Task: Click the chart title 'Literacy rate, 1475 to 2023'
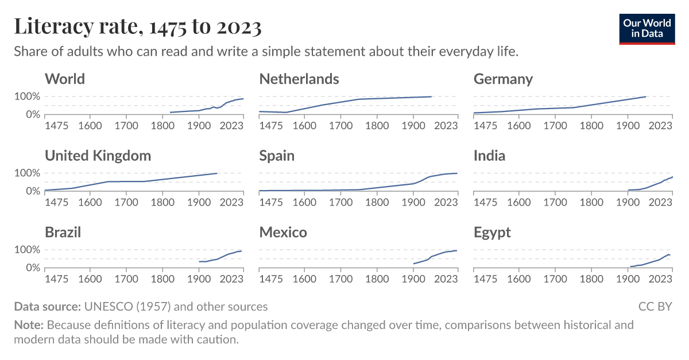pyautogui.click(x=138, y=26)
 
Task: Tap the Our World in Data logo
pyautogui.click(x=647, y=29)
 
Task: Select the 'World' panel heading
pyautogui.click(x=65, y=79)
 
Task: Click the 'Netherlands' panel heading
pyautogui.click(x=299, y=79)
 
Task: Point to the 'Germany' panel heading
pyautogui.click(x=503, y=79)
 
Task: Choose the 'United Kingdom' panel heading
pyautogui.click(x=98, y=155)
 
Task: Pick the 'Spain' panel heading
pyautogui.click(x=277, y=155)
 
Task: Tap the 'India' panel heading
pyautogui.click(x=489, y=155)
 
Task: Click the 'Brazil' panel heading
pyautogui.click(x=63, y=232)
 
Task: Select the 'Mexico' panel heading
pyautogui.click(x=283, y=232)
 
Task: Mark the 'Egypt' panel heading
pyautogui.click(x=492, y=232)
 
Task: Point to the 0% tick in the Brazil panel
pyautogui.click(x=32, y=268)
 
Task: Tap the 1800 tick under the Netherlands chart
pyautogui.click(x=377, y=125)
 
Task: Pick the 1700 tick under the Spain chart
pyautogui.click(x=340, y=202)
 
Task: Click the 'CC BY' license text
pyautogui.click(x=655, y=307)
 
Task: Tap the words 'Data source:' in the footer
pyautogui.click(x=48, y=307)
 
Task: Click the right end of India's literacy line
pyautogui.click(x=672, y=177)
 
